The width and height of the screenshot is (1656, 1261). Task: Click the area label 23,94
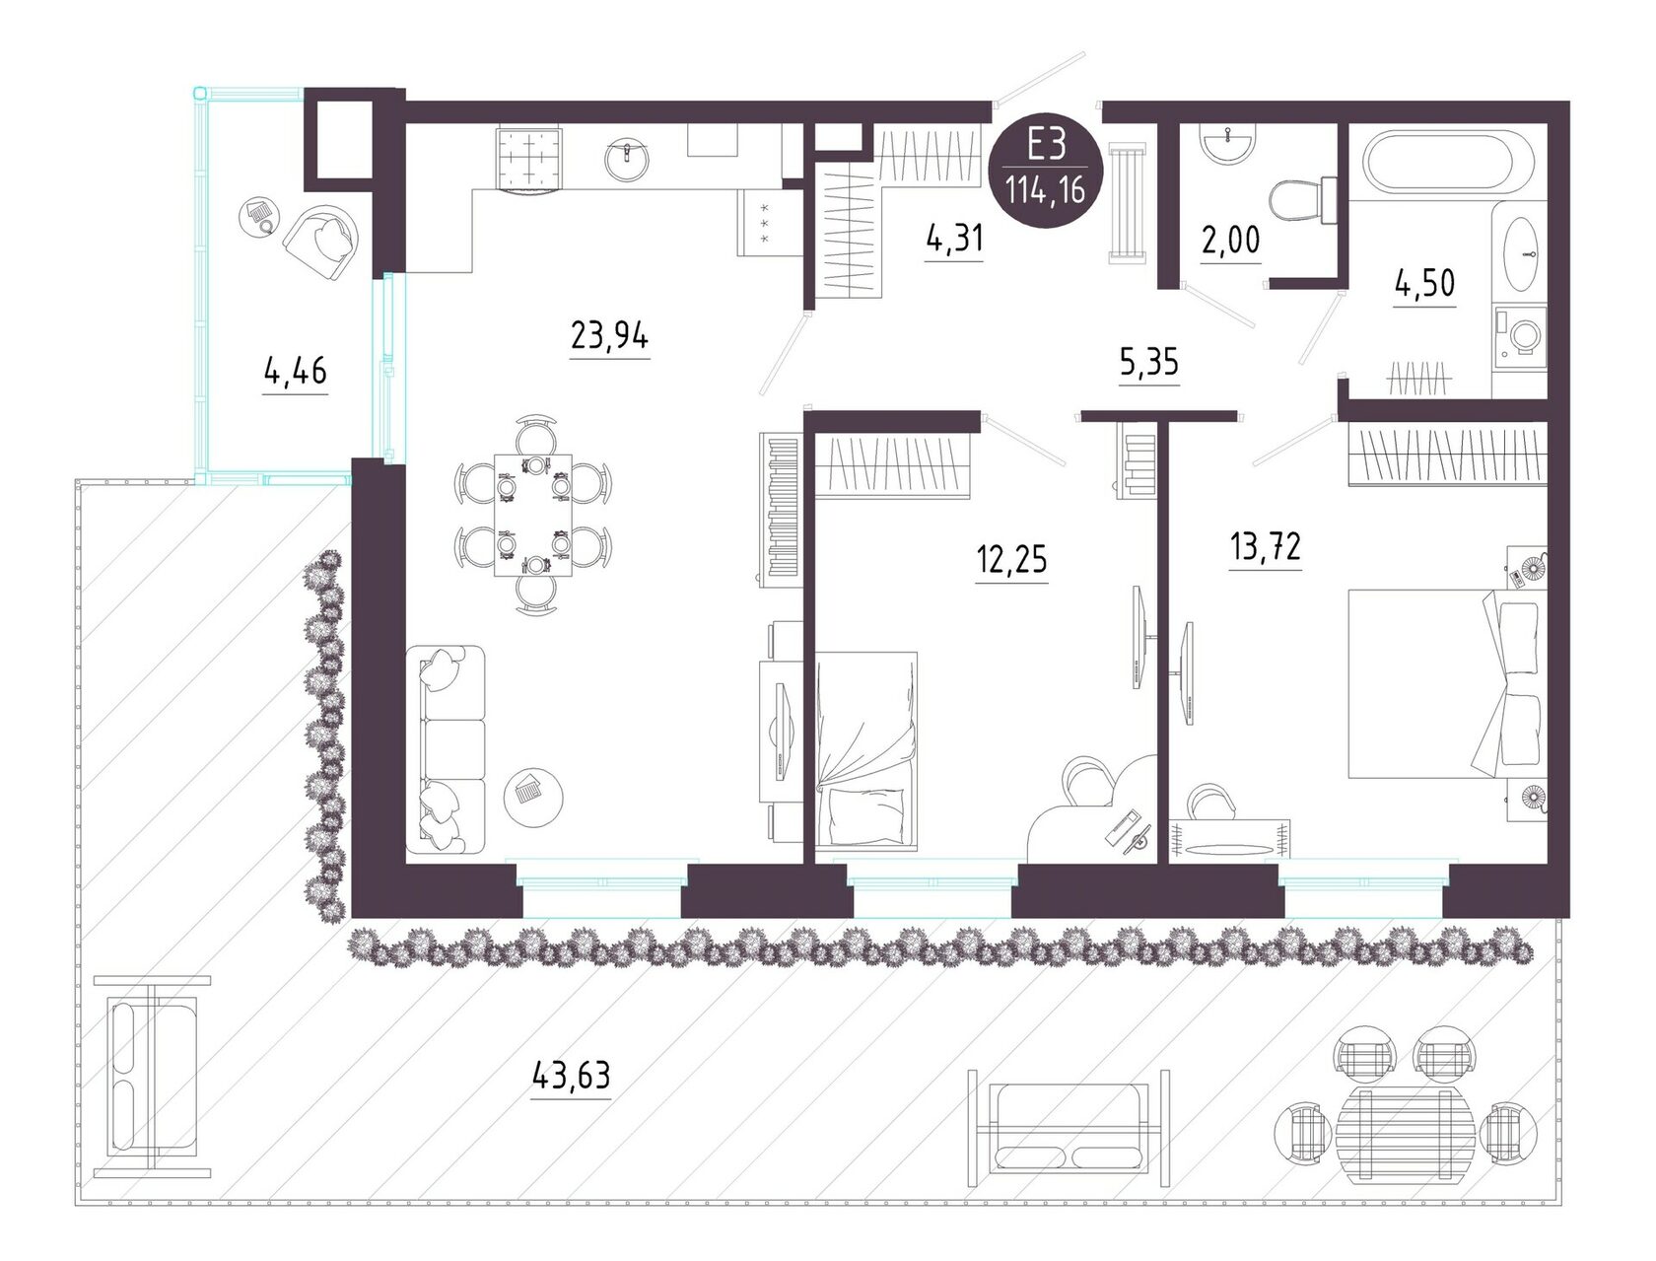click(x=609, y=336)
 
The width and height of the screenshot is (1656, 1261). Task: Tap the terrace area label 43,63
click(x=571, y=1075)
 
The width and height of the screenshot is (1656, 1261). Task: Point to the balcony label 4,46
click(x=295, y=372)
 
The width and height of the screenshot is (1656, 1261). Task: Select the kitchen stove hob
click(x=529, y=160)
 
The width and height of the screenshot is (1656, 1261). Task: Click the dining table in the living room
click(x=532, y=515)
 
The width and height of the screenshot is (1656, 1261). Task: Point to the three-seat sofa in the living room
click(x=446, y=749)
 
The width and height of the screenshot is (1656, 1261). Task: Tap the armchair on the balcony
click(x=320, y=242)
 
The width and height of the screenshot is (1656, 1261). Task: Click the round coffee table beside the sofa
click(x=533, y=797)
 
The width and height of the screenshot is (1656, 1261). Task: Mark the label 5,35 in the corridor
click(x=1149, y=364)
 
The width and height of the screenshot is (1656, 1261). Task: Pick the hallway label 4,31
click(x=954, y=240)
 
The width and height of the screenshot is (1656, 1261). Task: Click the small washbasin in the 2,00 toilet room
click(x=1230, y=143)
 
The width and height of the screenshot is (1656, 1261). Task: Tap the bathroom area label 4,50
click(x=1425, y=285)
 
